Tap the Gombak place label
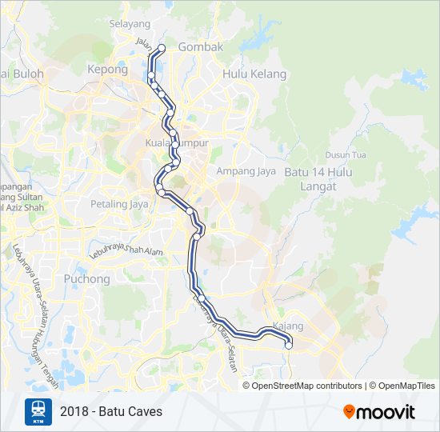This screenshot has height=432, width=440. coord(201,47)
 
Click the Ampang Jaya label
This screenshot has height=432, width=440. coord(246,170)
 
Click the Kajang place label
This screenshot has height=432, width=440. coord(287,326)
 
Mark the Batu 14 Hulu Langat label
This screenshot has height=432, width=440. coord(318,178)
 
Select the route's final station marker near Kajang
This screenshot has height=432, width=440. coord(289,346)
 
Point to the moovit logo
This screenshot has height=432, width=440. coord(380,412)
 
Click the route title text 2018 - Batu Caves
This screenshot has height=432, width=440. coord(111,411)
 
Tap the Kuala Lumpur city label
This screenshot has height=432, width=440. coord(177,142)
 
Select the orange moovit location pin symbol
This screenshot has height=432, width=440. coord(350,412)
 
